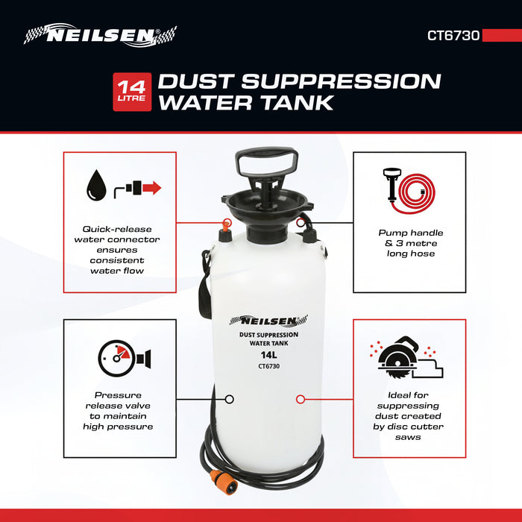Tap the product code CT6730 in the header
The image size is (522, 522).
453,35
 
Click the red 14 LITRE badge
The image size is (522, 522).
132,92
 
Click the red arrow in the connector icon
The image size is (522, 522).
152,187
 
